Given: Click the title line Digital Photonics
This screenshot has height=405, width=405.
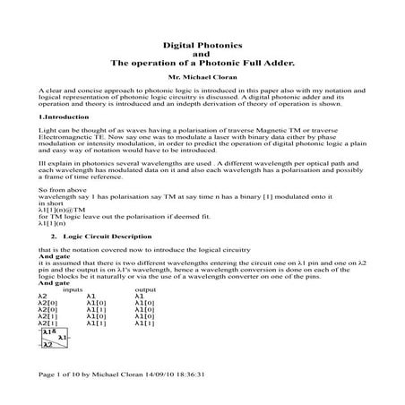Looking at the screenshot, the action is point(202,44).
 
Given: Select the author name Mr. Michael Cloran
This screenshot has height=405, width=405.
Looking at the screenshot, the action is point(202,78).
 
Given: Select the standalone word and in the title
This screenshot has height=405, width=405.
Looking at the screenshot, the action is point(202,54).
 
